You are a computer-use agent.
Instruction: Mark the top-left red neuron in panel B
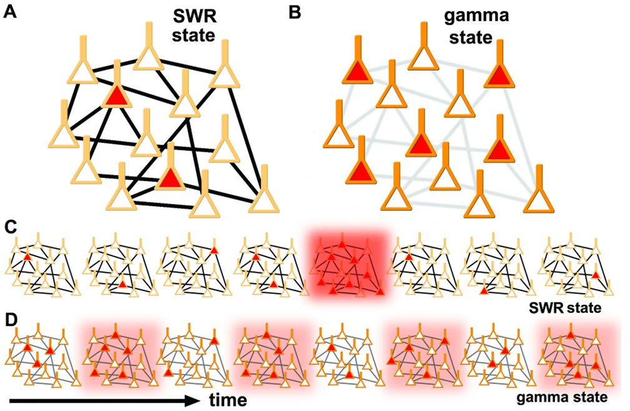pyautogui.click(x=358, y=70)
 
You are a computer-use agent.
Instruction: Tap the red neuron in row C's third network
pyautogui.click(x=214, y=250)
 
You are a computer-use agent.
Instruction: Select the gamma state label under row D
pyautogui.click(x=564, y=395)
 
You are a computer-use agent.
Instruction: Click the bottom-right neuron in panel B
pyautogui.click(x=539, y=199)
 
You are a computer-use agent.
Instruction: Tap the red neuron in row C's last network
pyautogui.click(x=596, y=275)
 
